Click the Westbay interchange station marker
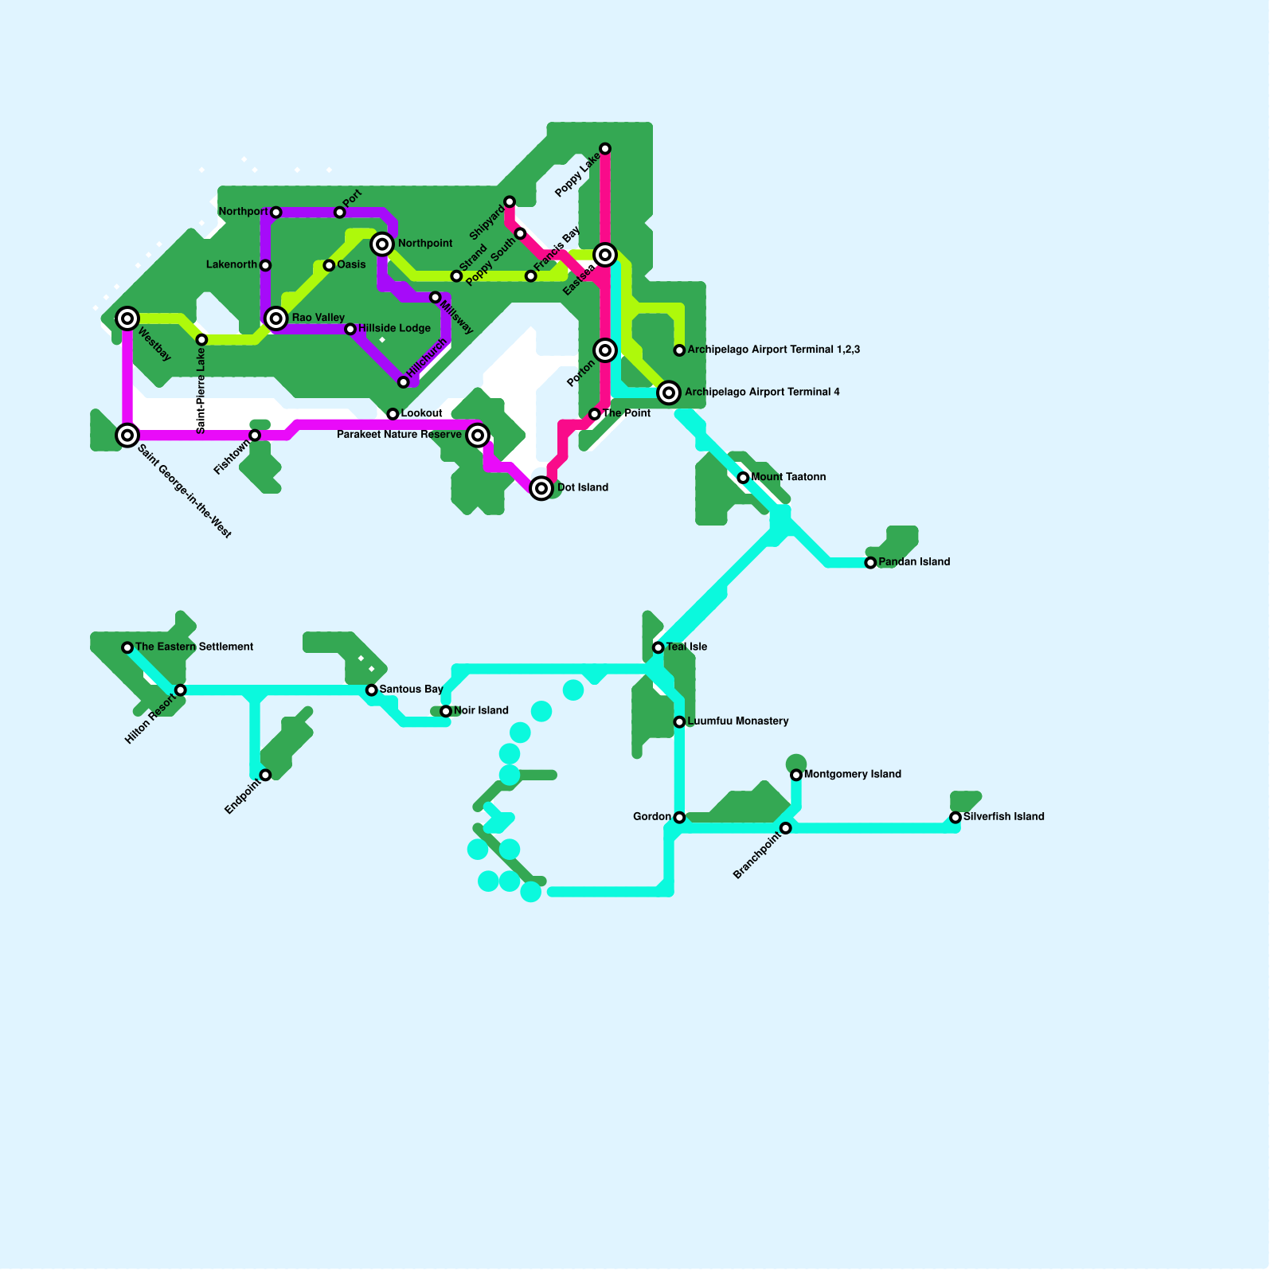coord(127,318)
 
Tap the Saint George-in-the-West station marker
coord(127,435)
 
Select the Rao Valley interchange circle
coord(276,318)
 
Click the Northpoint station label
coord(425,244)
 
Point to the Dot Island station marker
coord(541,488)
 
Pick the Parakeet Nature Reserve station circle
coord(478,435)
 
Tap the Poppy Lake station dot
coord(605,149)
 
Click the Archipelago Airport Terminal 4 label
coord(762,392)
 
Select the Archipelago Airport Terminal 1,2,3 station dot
coord(679,350)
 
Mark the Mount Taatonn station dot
coord(743,478)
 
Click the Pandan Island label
coord(914,562)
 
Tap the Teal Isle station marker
coord(658,647)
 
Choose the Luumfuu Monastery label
coord(737,721)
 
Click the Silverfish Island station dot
coord(955,818)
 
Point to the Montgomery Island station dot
coord(796,775)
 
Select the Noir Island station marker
coord(446,711)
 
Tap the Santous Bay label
coord(411,690)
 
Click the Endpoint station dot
coord(265,775)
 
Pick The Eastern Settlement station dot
coord(127,647)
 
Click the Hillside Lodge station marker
coord(350,329)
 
